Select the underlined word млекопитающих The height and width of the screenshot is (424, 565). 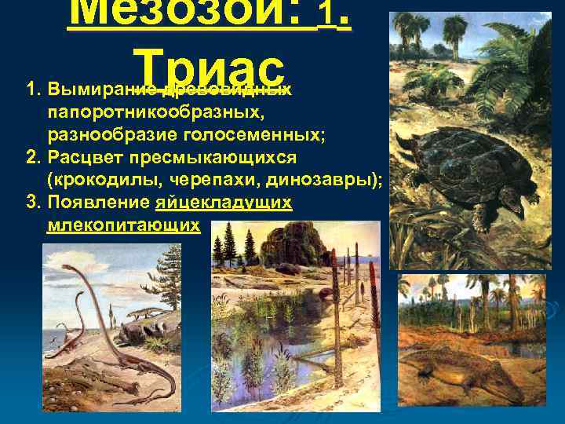[122, 226]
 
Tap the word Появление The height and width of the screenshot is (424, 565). [98, 203]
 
